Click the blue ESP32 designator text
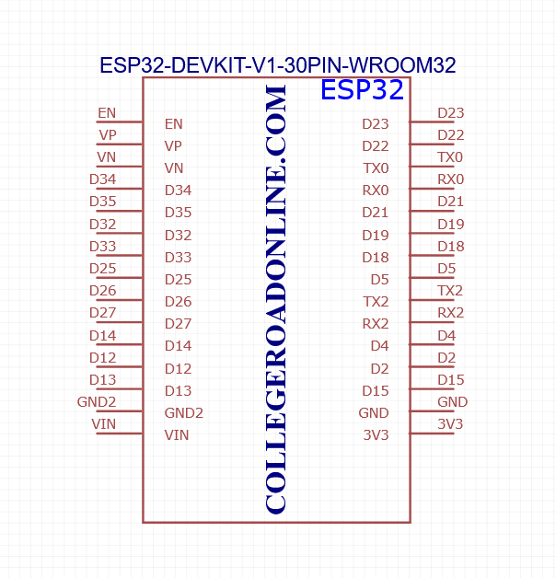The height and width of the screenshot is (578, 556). click(x=362, y=89)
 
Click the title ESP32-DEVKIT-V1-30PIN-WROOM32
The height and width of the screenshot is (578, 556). click(x=278, y=65)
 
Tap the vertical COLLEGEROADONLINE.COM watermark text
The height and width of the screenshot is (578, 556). click(x=276, y=299)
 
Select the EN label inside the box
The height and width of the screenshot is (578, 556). click(x=174, y=124)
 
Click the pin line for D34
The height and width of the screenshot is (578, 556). click(x=119, y=189)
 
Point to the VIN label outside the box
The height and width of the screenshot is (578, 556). click(x=104, y=424)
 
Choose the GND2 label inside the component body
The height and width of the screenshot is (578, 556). click(x=183, y=413)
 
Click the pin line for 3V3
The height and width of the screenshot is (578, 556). click(x=432, y=433)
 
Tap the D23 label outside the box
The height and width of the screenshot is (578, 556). click(x=450, y=113)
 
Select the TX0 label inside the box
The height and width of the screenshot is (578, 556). click(x=376, y=168)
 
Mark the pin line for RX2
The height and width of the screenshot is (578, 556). click(x=432, y=322)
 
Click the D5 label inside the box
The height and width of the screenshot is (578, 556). click(x=379, y=280)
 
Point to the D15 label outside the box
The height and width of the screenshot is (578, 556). click(x=450, y=380)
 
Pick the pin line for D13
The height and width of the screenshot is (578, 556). click(x=119, y=389)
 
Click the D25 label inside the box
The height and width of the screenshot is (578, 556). click(x=178, y=280)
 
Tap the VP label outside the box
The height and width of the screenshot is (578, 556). click(x=108, y=135)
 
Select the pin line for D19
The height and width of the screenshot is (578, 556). click(x=432, y=234)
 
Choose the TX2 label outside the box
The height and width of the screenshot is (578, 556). click(x=450, y=291)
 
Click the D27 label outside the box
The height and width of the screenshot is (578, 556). click(x=102, y=313)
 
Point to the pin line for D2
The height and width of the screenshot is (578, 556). click(x=432, y=367)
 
